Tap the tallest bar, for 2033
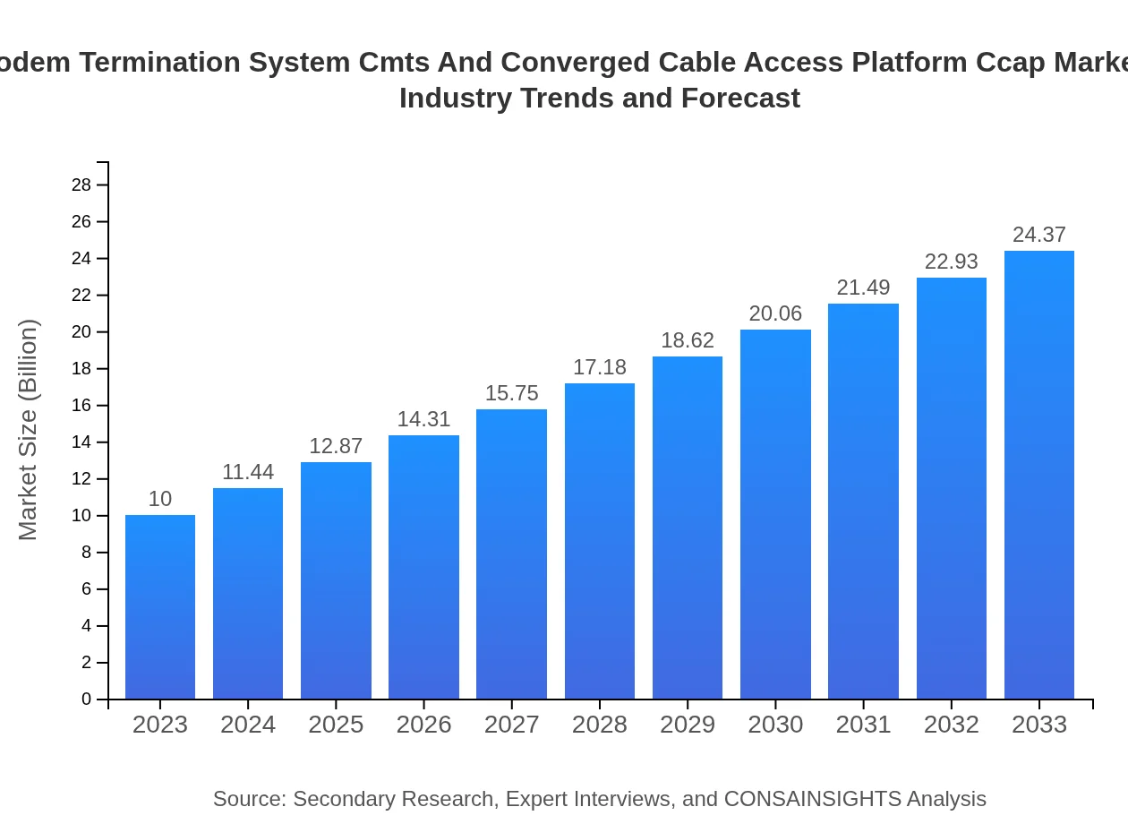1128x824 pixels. coord(1039,475)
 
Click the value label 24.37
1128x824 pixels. coord(1039,235)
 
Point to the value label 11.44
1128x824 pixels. coord(248,472)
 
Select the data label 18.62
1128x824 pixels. coord(688,340)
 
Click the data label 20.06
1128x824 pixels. coord(775,313)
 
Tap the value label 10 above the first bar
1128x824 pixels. coord(160,499)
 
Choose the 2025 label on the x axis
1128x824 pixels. coord(336,725)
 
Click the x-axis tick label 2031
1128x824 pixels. coord(863,725)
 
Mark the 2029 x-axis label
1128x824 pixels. coord(688,725)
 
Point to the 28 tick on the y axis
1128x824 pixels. coord(81,185)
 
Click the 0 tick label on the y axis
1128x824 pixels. coord(87,700)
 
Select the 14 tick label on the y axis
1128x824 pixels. coord(81,442)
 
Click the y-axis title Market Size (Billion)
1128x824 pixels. coord(28,430)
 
